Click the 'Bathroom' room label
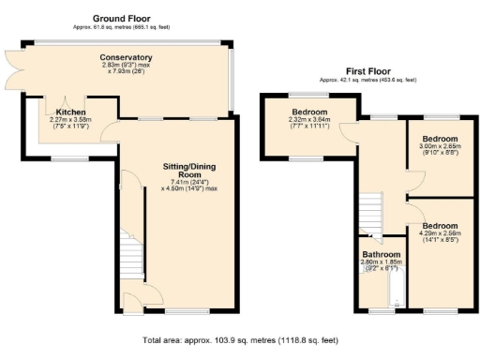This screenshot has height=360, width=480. pyautogui.click(x=382, y=255)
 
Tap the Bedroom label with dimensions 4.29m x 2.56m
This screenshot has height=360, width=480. pyautogui.click(x=439, y=226)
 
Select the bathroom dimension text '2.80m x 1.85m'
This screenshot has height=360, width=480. pyautogui.click(x=382, y=262)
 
